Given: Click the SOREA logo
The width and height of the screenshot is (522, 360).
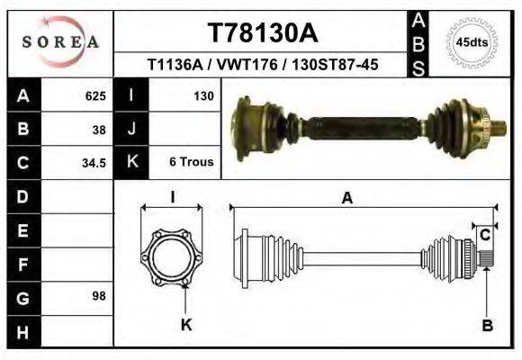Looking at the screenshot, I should [x=60, y=42].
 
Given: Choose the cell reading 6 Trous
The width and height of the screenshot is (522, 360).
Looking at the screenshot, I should [x=190, y=162].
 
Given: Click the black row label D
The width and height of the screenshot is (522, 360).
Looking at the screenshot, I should [x=22, y=196].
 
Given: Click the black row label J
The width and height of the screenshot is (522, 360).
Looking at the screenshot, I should [x=132, y=129].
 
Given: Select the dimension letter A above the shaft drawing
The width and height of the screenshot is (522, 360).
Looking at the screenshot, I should [x=346, y=200].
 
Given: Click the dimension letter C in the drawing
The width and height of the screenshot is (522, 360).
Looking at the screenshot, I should [x=484, y=236].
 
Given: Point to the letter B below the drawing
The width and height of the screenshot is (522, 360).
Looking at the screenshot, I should [x=487, y=326].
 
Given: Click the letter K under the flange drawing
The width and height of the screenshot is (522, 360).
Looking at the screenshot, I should [x=186, y=326].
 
